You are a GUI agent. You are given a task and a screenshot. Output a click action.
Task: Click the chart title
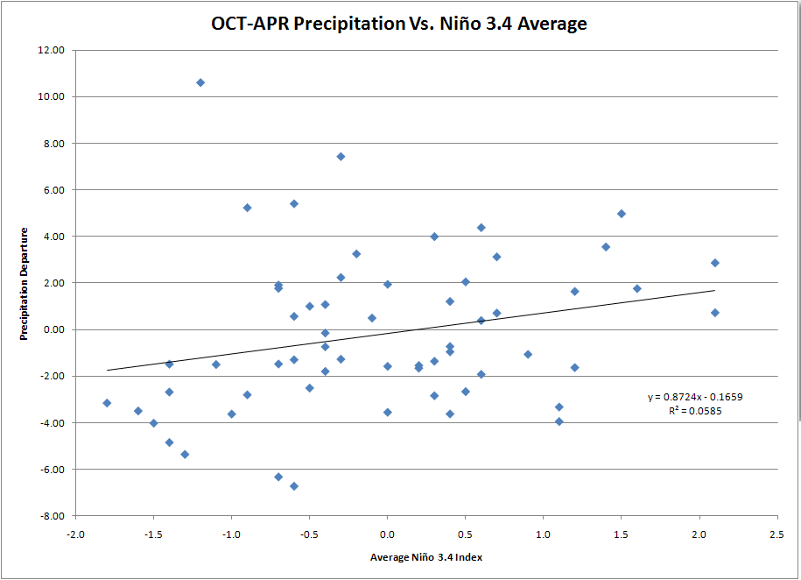pyautogui.click(x=399, y=24)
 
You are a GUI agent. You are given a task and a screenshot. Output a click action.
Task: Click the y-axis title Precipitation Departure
pyautogui.click(x=26, y=285)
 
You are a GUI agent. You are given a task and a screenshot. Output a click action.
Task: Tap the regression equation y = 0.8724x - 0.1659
pyautogui.click(x=696, y=397)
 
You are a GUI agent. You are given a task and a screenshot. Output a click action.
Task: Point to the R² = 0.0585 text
pyautogui.click(x=696, y=410)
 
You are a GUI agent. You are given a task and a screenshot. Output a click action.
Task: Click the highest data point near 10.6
pyautogui.click(x=200, y=82)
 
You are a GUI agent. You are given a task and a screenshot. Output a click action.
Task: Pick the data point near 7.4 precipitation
pyautogui.click(x=341, y=157)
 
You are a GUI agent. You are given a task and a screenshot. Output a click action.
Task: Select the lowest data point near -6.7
pyautogui.click(x=294, y=486)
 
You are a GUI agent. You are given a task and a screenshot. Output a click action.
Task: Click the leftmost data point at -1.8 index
pyautogui.click(x=107, y=403)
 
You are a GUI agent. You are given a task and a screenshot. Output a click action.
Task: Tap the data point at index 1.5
pyautogui.click(x=622, y=214)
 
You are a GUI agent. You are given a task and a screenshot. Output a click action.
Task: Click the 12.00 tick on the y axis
pyautogui.click(x=53, y=50)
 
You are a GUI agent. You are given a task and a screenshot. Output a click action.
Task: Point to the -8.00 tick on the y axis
pyautogui.click(x=52, y=516)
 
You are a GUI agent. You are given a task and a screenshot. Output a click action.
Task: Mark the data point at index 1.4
pyautogui.click(x=606, y=247)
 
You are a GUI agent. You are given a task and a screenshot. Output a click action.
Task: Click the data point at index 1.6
pyautogui.click(x=637, y=288)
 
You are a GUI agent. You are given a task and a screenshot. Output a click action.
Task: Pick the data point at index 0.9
pyautogui.click(x=528, y=355)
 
